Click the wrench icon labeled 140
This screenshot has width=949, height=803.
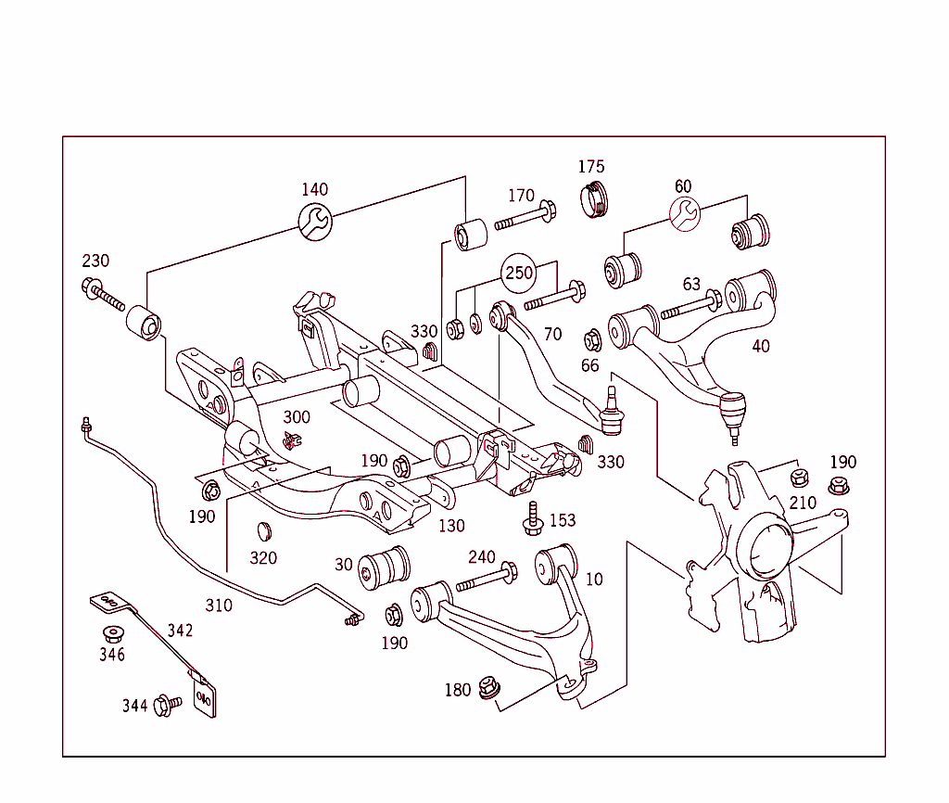click(314, 221)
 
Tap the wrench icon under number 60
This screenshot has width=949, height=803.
click(684, 215)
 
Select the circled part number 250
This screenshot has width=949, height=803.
click(519, 274)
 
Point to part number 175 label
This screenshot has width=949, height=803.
click(591, 167)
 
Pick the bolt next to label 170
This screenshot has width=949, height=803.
click(525, 222)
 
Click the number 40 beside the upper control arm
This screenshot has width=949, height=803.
click(760, 347)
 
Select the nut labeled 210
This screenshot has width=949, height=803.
click(799, 478)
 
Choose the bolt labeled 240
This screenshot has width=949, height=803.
click(486, 579)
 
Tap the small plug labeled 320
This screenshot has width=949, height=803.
click(264, 531)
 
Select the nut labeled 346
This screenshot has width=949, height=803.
click(113, 634)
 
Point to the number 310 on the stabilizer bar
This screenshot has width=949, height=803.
click(219, 605)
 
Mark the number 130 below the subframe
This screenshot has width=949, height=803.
click(451, 526)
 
